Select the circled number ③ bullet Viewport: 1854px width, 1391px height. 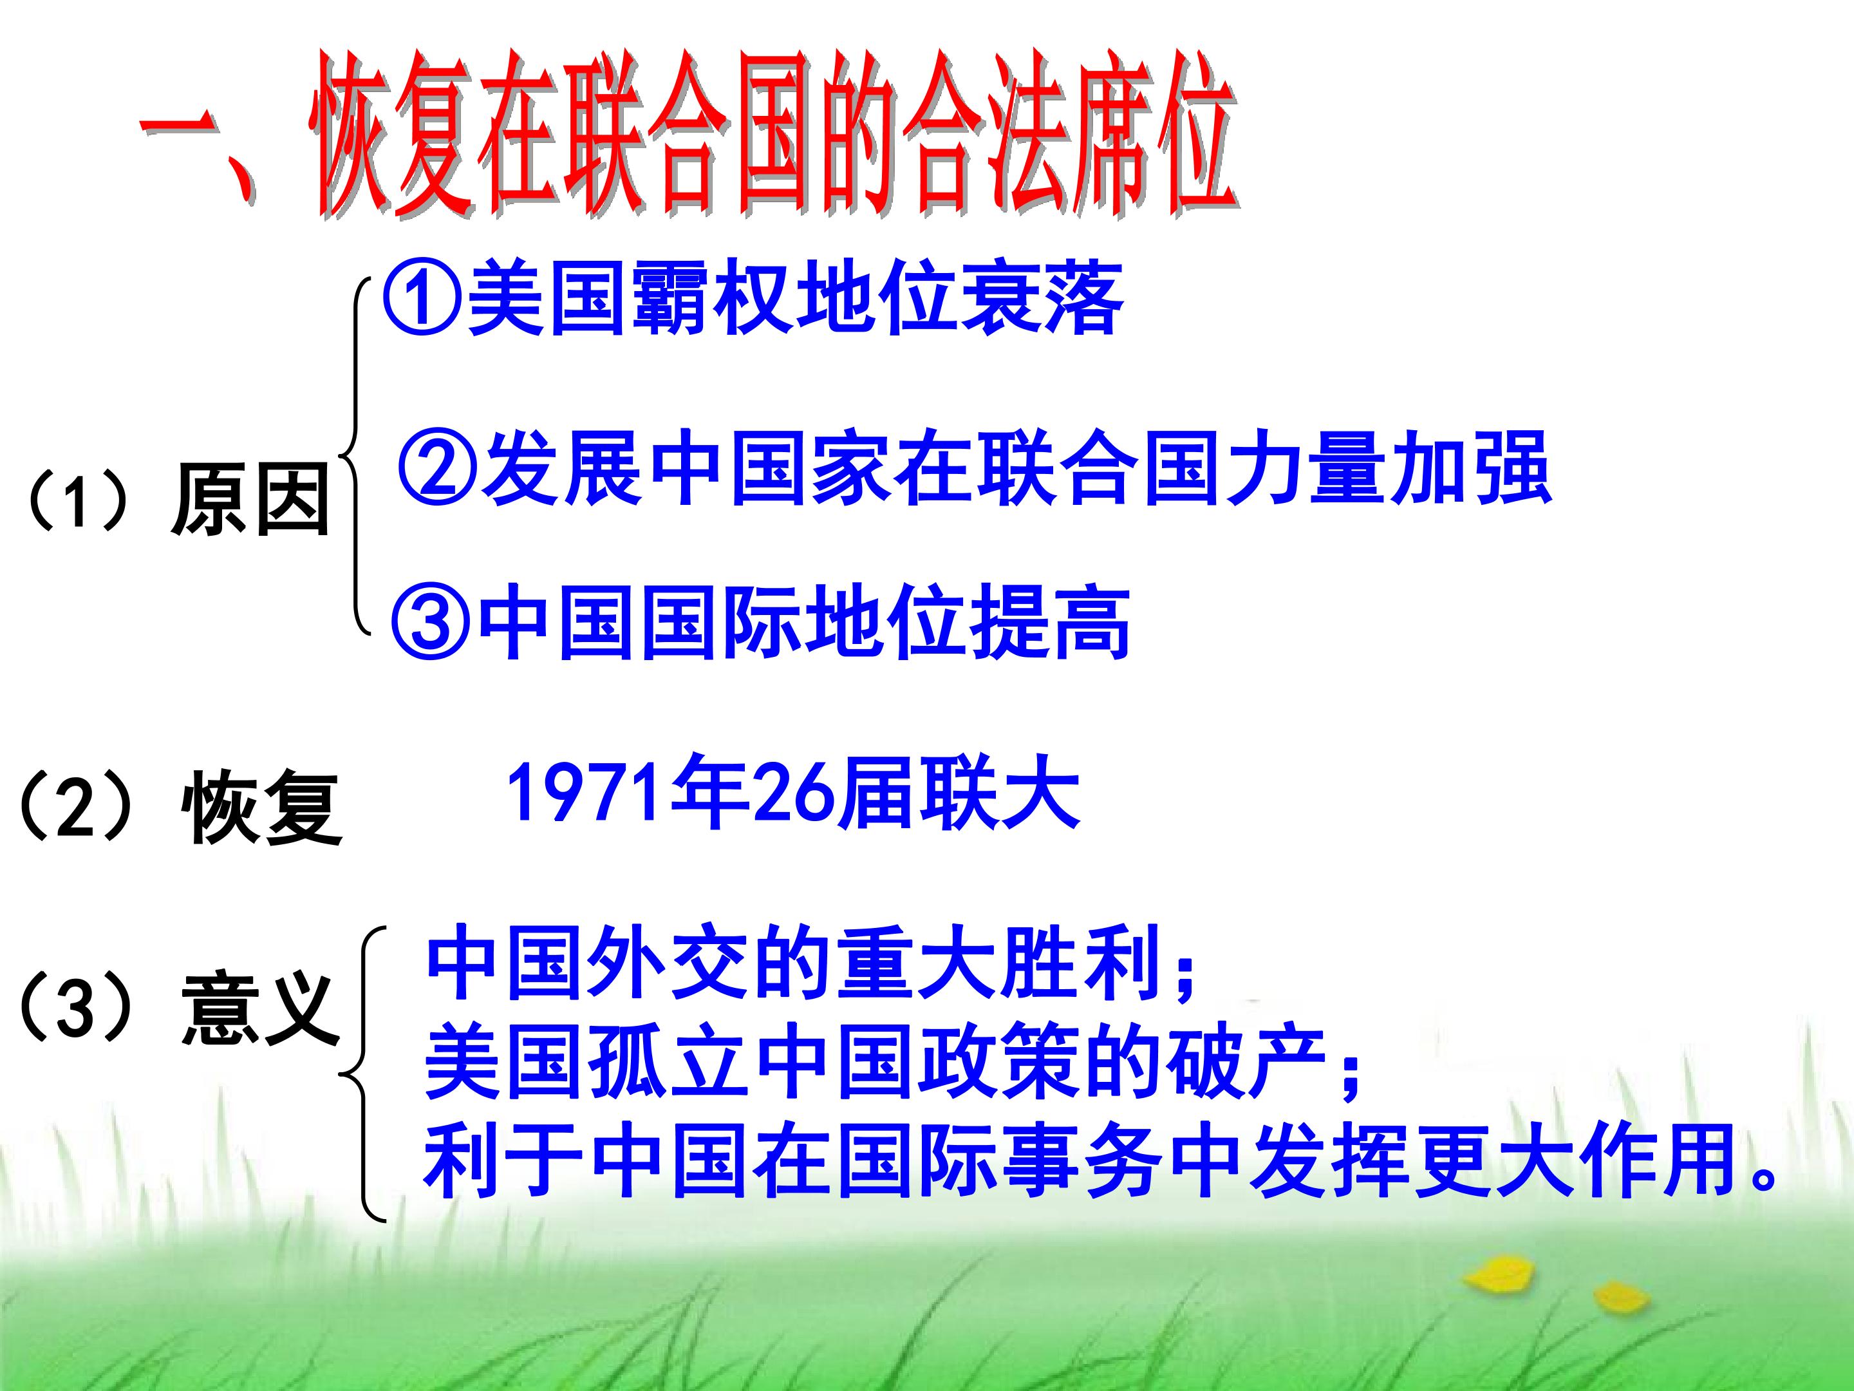coord(432,621)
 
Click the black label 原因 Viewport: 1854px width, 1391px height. coord(250,502)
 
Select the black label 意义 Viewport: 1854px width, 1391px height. coord(261,1008)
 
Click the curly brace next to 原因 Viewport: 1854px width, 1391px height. coord(355,457)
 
